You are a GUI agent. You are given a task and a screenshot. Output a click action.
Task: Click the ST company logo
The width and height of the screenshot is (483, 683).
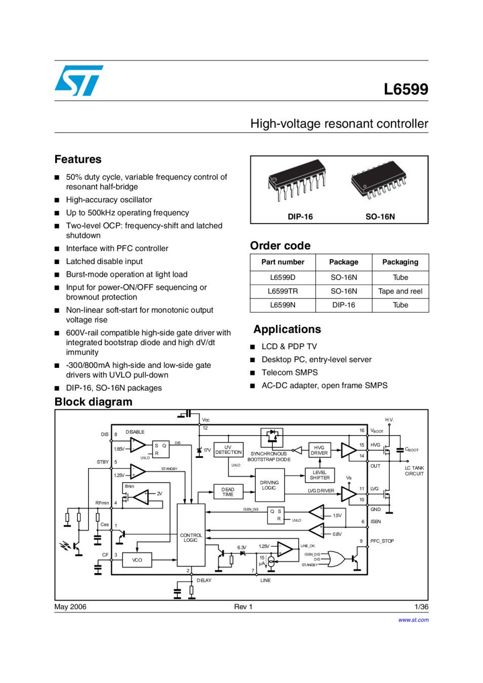tap(79, 80)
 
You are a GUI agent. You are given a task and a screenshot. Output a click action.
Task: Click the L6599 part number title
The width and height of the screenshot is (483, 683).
tap(406, 89)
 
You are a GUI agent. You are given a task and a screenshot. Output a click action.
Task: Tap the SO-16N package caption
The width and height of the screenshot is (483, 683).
tap(380, 217)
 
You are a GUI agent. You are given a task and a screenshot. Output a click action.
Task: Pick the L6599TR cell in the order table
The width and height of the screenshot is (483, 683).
tap(283, 291)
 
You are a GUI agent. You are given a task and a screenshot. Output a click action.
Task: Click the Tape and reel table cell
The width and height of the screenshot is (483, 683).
tap(400, 291)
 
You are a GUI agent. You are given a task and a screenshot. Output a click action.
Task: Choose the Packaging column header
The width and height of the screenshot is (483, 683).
tap(400, 262)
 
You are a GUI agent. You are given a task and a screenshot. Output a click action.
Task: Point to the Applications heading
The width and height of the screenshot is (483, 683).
tap(287, 329)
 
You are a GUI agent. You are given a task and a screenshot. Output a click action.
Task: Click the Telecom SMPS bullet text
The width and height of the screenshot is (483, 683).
tap(290, 372)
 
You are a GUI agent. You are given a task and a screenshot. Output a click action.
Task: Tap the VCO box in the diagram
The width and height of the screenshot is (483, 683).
tap(137, 560)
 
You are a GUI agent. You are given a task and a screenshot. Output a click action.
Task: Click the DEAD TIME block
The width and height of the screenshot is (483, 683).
tap(228, 492)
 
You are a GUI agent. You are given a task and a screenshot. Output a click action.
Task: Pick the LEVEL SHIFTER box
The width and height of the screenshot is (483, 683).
tap(319, 475)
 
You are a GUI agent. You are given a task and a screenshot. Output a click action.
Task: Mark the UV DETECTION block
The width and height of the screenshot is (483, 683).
tap(228, 450)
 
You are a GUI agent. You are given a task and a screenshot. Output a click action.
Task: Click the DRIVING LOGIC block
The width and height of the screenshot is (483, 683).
tap(269, 485)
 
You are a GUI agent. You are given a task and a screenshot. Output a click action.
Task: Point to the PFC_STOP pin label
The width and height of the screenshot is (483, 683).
tap(382, 541)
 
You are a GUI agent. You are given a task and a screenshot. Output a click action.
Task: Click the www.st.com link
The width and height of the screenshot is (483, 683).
tap(413, 620)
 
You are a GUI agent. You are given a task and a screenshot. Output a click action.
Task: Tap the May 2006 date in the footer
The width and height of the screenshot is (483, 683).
tap(70, 607)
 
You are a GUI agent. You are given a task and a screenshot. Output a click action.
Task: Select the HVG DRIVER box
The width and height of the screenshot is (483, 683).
tap(319, 450)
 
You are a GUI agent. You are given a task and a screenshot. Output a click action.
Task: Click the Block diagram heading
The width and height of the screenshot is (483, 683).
tap(93, 402)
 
